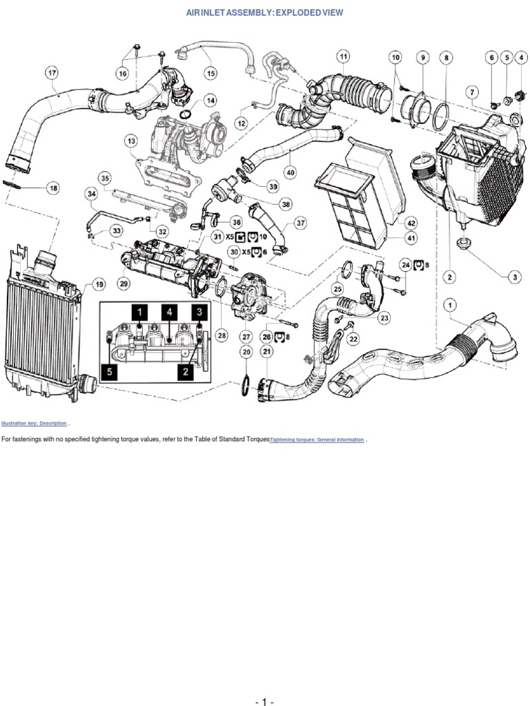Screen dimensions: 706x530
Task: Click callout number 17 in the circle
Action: [x=52, y=71]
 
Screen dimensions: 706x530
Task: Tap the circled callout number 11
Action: [x=343, y=55]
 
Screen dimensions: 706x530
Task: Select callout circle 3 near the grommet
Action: [x=515, y=277]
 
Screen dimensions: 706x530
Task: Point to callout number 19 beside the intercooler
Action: [x=99, y=284]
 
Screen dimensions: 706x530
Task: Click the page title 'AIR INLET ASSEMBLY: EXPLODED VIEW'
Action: [x=264, y=12]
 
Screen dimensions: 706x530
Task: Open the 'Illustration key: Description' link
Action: [x=34, y=423]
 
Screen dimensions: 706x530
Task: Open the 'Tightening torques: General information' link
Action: [x=316, y=439]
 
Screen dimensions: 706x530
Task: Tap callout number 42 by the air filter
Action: [x=411, y=223]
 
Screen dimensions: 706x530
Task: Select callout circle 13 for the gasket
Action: [x=131, y=141]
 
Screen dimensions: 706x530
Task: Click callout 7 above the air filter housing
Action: [x=472, y=91]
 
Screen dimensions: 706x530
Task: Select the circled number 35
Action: [x=105, y=178]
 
